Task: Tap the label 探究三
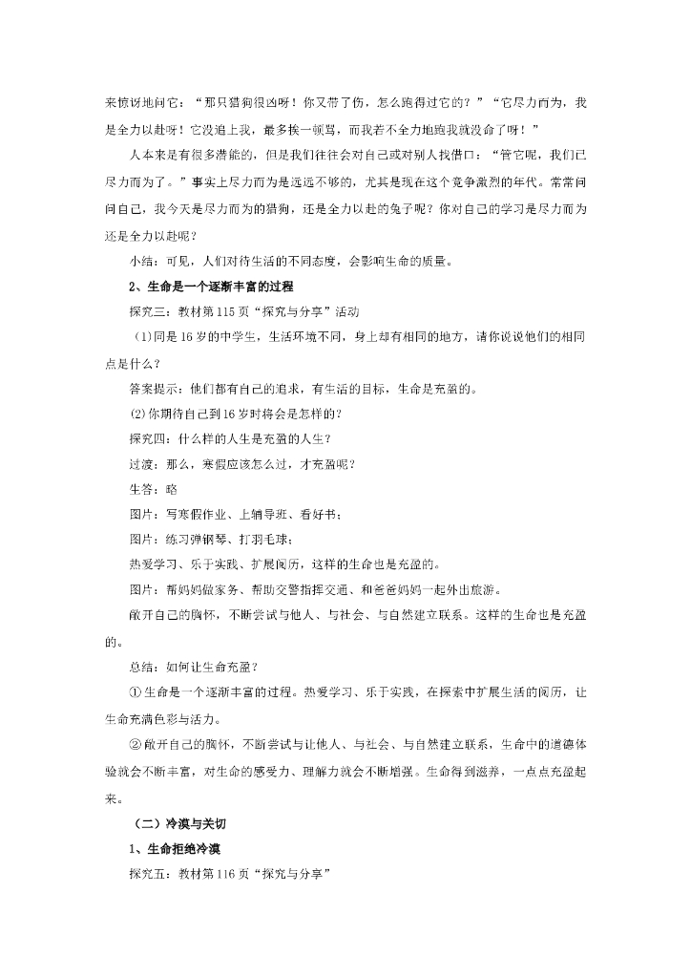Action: coord(146,311)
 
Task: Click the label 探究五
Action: coord(146,872)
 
